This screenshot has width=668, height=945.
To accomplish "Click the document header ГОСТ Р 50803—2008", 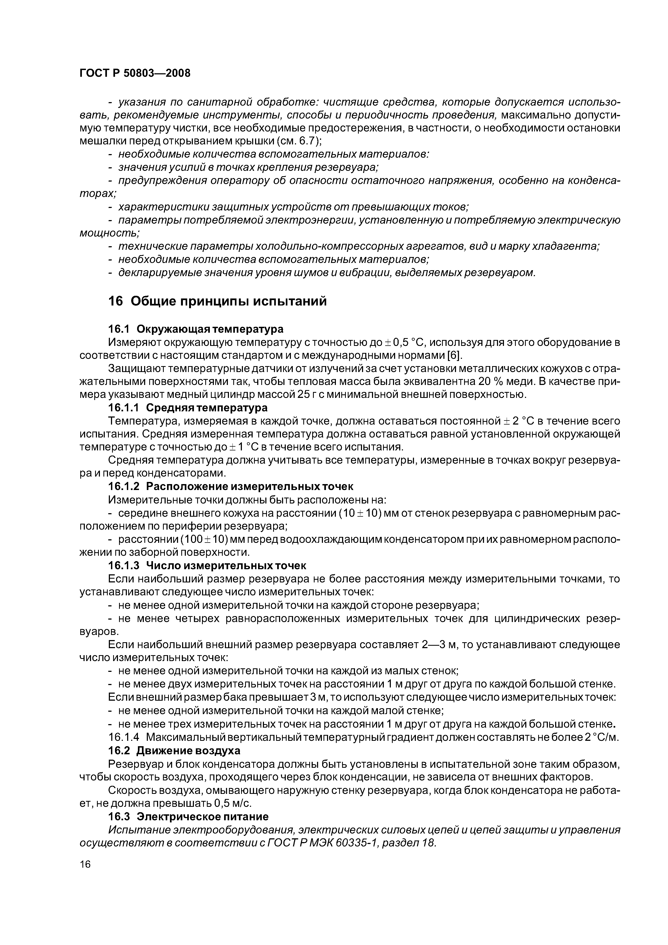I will point(135,73).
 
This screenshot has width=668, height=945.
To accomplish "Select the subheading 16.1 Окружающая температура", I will point(196,329).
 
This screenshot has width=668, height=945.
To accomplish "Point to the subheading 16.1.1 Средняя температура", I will point(188,408).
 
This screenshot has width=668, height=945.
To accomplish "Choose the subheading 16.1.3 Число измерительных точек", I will point(207,565).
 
